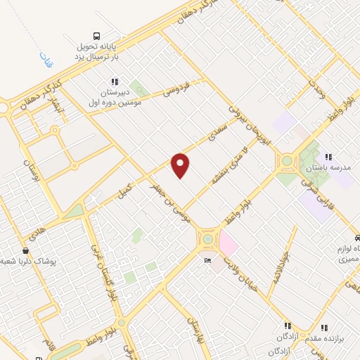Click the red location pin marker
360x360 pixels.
click(181, 165)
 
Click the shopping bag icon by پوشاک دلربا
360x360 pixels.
click(26, 250)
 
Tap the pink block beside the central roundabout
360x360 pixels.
click(229, 243)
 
